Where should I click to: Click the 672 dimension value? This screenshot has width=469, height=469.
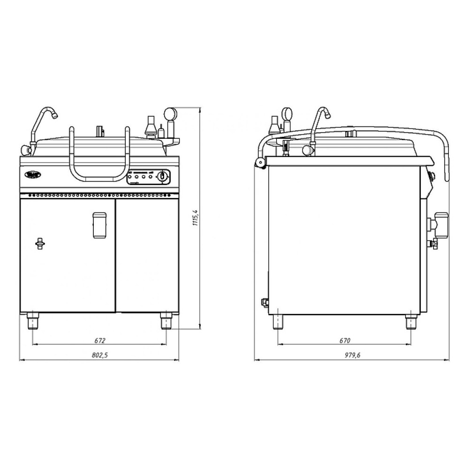[100, 340]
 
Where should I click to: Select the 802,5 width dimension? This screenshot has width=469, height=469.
[99, 355]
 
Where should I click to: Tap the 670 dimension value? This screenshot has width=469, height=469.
[345, 340]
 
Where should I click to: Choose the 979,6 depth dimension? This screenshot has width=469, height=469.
[352, 355]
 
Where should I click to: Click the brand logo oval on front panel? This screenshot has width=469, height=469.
[32, 174]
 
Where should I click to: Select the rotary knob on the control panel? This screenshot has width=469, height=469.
[162, 176]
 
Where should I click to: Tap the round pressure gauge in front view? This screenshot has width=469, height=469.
[170, 113]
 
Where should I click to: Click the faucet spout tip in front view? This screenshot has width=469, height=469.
[55, 115]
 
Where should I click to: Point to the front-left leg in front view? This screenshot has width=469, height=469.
[33, 321]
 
